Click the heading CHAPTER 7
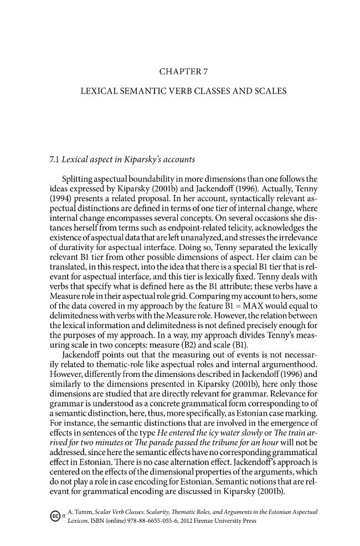[x=183, y=71]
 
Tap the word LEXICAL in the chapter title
[x=101, y=90]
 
